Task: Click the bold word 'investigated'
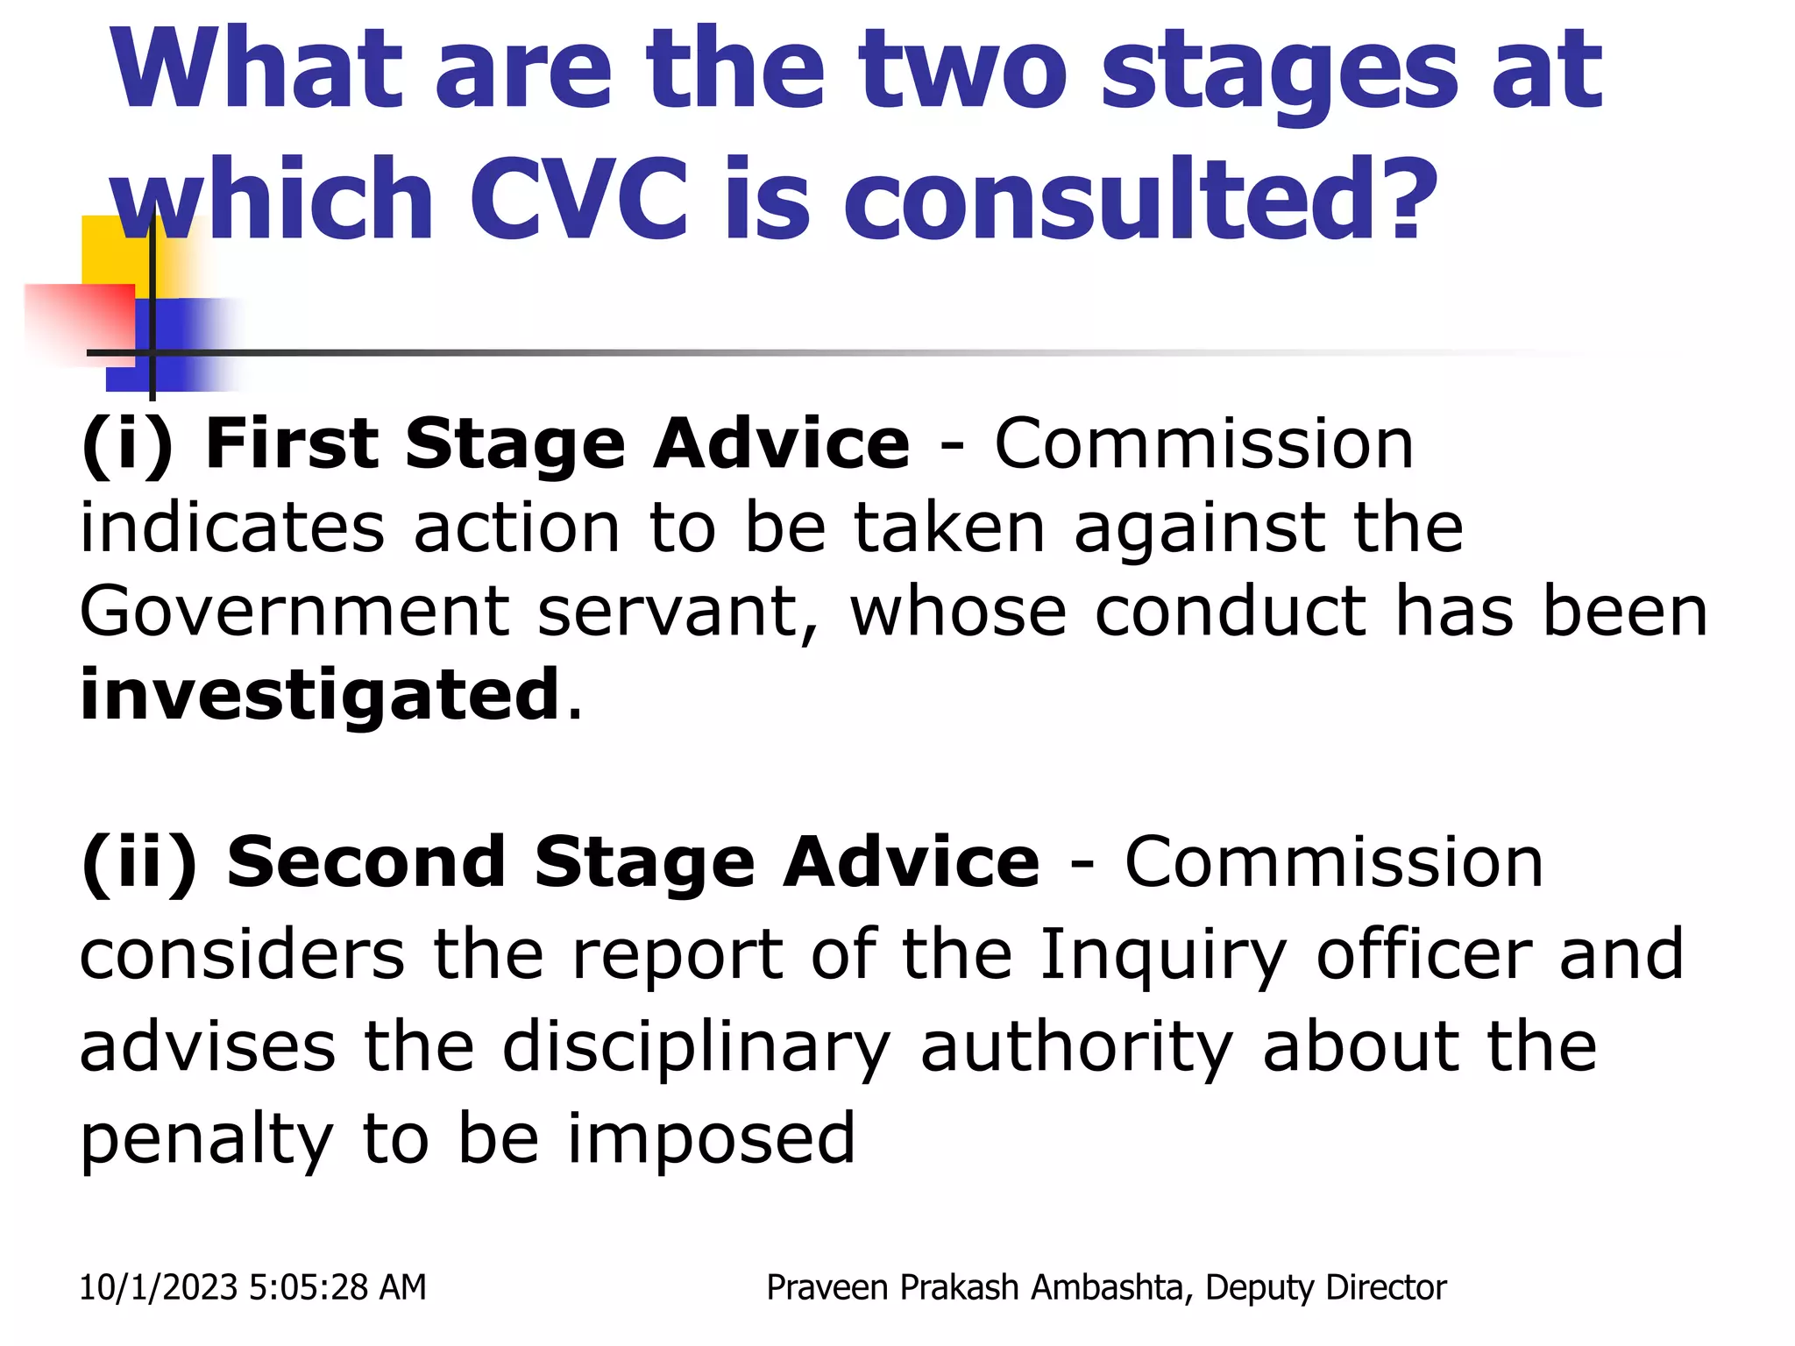pos(320,694)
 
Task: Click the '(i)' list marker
pos(126,445)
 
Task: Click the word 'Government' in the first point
pos(294,611)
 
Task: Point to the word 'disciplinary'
pos(696,1049)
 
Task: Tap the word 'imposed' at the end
pos(711,1139)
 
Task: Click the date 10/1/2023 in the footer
pos(158,1287)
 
